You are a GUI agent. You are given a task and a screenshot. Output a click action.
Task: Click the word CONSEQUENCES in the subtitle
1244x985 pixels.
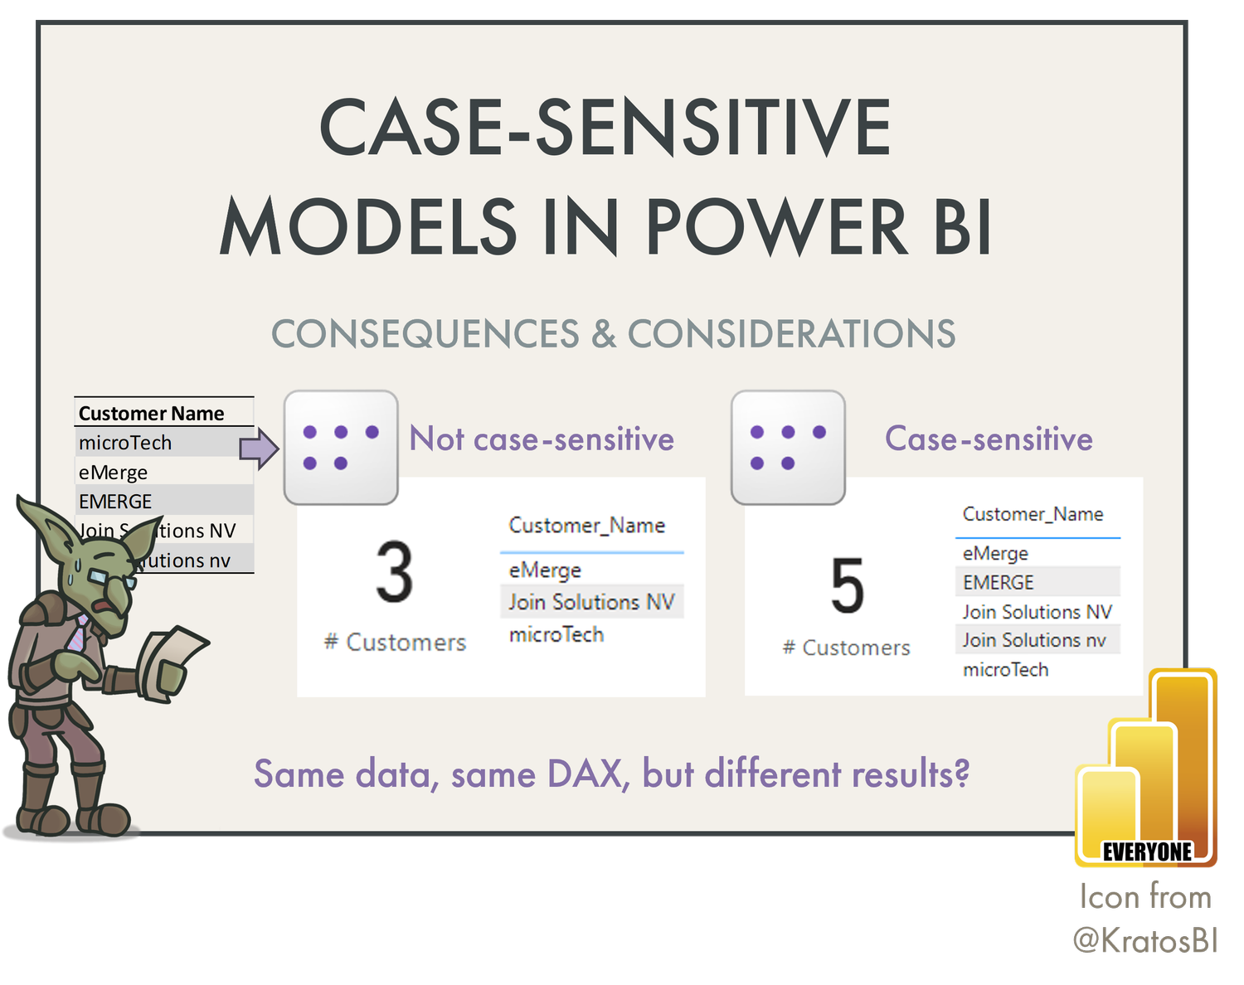(x=425, y=334)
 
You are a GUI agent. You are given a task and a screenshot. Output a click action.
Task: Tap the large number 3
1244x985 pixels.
(x=394, y=573)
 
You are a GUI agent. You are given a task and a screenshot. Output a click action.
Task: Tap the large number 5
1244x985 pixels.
(x=847, y=586)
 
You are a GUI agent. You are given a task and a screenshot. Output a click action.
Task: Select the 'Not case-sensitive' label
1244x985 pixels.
(x=542, y=439)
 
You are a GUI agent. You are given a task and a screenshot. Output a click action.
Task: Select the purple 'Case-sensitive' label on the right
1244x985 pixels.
(x=989, y=439)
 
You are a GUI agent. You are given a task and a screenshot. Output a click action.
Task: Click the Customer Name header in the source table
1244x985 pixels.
(x=152, y=413)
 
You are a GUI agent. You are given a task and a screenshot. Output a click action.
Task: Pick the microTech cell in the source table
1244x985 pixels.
(x=125, y=443)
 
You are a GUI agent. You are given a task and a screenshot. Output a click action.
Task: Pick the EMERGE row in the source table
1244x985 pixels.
(x=115, y=502)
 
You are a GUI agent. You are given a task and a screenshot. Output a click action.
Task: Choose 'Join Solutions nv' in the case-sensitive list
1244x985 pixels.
(x=1034, y=640)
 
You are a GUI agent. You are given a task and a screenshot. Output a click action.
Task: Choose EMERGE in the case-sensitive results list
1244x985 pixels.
(x=999, y=582)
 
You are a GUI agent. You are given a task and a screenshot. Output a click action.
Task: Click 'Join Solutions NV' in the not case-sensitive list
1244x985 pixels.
(x=591, y=602)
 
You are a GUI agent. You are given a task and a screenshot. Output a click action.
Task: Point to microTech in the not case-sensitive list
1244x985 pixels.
(x=556, y=634)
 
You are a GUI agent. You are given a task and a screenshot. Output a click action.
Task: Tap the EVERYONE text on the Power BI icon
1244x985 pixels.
(x=1147, y=852)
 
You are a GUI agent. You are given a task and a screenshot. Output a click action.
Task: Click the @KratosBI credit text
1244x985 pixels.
(x=1145, y=939)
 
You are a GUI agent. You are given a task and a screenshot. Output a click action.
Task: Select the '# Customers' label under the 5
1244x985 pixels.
(x=847, y=648)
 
